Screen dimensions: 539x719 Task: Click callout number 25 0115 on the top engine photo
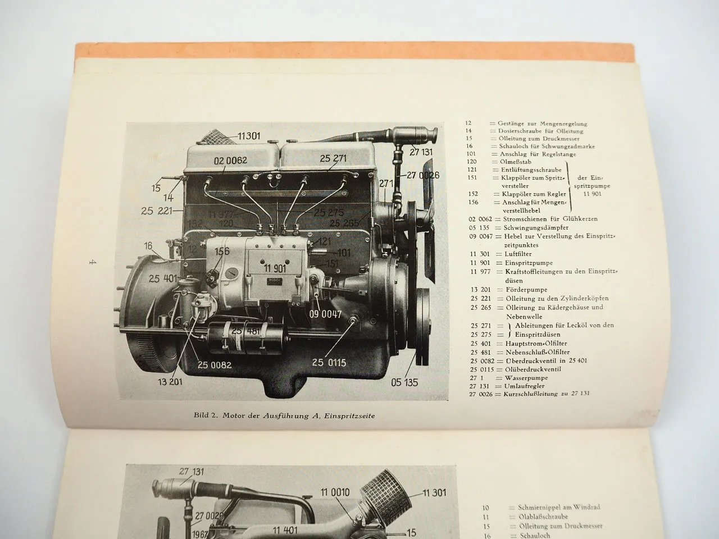coord(329,362)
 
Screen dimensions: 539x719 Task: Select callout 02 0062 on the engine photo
coord(230,161)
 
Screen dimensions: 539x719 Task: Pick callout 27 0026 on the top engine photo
coord(420,176)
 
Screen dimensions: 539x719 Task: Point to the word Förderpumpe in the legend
coord(513,290)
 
